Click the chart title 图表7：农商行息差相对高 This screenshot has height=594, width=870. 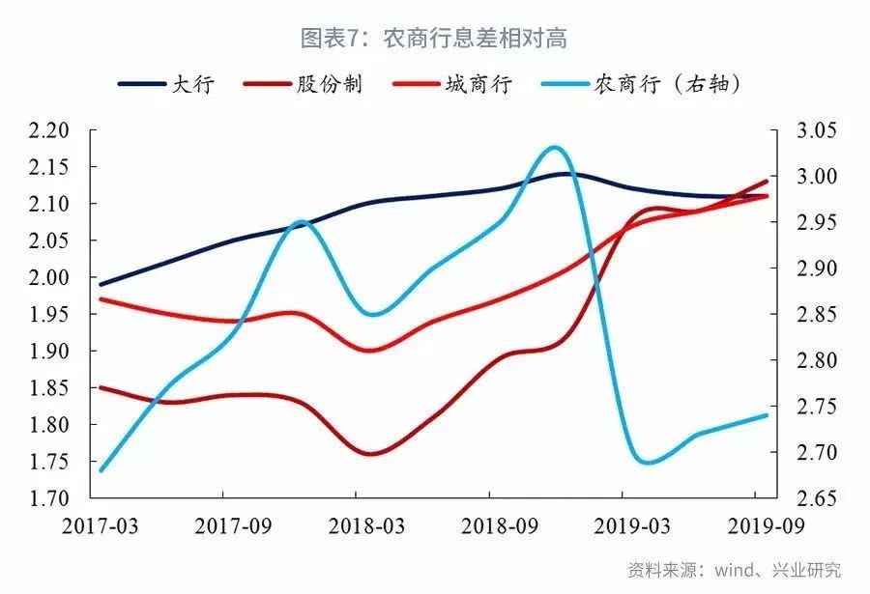pyautogui.click(x=433, y=39)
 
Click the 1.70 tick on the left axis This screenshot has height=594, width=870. pyautogui.click(x=51, y=498)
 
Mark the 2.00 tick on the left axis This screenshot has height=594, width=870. pyautogui.click(x=51, y=278)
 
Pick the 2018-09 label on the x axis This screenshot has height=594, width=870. pyautogui.click(x=490, y=525)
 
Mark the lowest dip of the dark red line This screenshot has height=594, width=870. pyautogui.click(x=372, y=453)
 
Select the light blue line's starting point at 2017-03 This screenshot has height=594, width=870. pyautogui.click(x=100, y=471)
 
